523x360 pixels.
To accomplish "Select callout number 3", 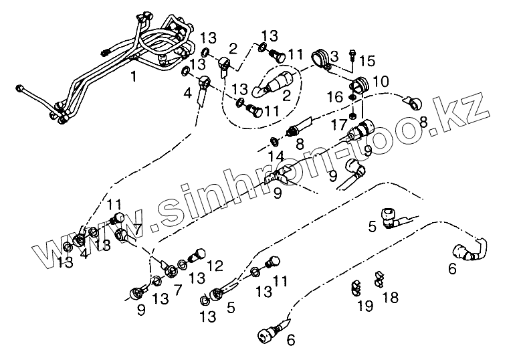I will (x=334, y=53).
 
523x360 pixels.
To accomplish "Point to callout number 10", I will (x=380, y=81).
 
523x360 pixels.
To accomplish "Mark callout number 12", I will (x=215, y=266).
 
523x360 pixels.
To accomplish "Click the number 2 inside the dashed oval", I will (x=286, y=96).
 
